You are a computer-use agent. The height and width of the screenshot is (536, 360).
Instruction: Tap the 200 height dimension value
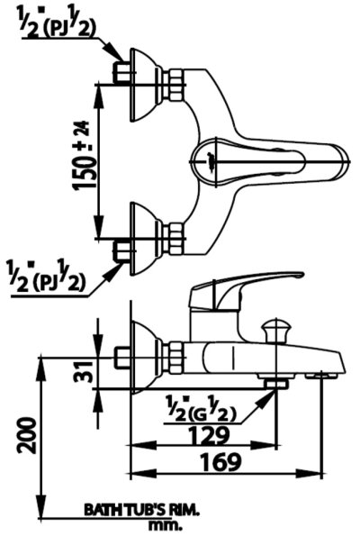pyautogui.click(x=27, y=435)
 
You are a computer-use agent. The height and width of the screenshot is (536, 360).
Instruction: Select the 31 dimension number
pyautogui.click(x=83, y=371)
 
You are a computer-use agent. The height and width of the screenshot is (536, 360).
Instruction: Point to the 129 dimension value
pyautogui.click(x=209, y=435)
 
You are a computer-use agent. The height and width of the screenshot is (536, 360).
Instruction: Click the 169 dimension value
pyautogui.click(x=220, y=462)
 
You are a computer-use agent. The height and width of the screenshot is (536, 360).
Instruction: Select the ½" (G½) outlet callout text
pyautogui.click(x=200, y=409)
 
